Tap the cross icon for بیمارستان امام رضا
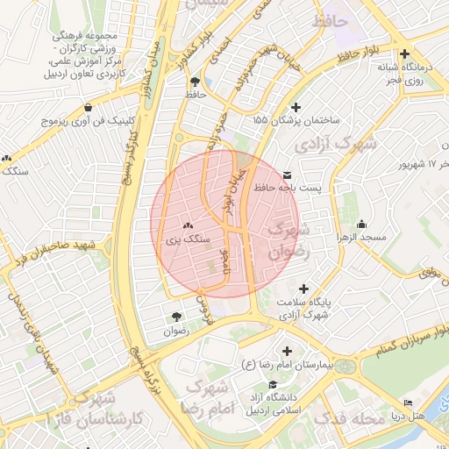tap(286, 351)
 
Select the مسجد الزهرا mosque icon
tap(362, 222)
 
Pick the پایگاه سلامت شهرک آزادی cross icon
tap(303, 289)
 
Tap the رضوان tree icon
tap(176, 317)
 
